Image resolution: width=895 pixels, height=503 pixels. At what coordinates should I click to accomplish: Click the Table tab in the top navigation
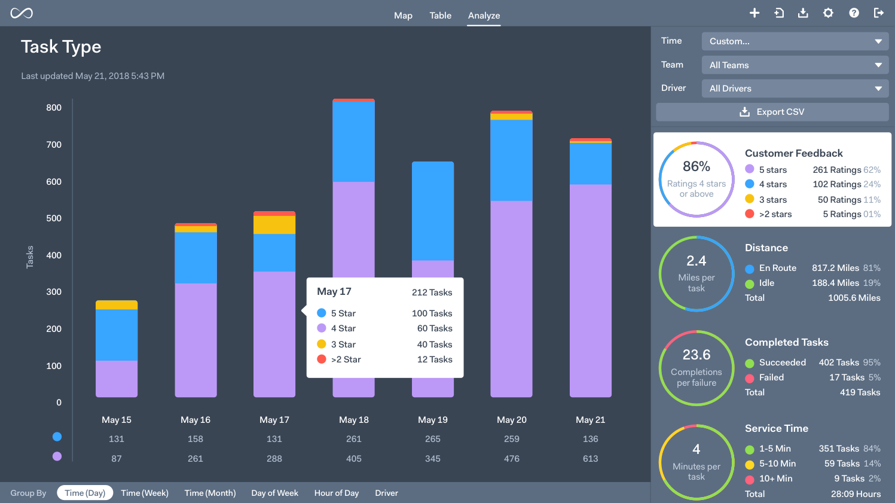click(x=440, y=16)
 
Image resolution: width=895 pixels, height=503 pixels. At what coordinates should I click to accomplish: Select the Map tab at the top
click(x=403, y=16)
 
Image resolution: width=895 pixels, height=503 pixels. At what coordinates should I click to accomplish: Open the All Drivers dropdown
click(x=795, y=89)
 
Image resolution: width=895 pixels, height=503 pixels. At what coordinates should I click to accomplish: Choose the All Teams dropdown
click(x=795, y=65)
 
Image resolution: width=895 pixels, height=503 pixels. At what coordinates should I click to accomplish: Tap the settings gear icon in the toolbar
click(x=828, y=13)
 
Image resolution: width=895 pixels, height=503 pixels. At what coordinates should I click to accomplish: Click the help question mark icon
click(x=854, y=13)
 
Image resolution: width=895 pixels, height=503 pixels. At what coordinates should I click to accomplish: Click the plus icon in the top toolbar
click(x=755, y=13)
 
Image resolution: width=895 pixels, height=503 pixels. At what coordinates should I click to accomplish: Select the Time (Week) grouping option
click(x=145, y=493)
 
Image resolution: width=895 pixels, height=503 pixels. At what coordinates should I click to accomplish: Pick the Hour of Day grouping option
click(x=337, y=493)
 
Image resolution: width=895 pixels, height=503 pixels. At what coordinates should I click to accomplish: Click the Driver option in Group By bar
click(x=386, y=493)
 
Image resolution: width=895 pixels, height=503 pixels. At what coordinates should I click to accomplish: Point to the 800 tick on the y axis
click(x=54, y=108)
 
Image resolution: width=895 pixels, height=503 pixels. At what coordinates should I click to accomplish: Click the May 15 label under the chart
click(x=117, y=420)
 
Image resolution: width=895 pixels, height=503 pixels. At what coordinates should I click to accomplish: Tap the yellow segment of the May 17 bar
click(x=274, y=225)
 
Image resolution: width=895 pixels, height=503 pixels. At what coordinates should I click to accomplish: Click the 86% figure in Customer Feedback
click(x=697, y=166)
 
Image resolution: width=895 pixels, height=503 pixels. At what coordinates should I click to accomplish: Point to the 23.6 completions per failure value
click(x=697, y=355)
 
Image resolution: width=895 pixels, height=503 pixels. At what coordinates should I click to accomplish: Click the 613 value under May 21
click(x=591, y=459)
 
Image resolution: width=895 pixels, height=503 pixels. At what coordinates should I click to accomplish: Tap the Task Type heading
click(x=61, y=47)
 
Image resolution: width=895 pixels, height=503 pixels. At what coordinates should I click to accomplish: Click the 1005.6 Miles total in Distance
click(x=854, y=298)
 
